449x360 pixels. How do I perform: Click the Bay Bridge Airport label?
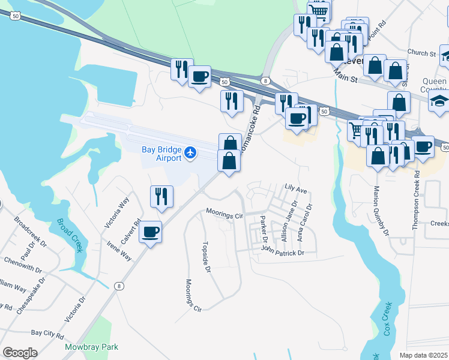[x=160, y=154]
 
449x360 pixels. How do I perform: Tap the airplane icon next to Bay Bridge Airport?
[x=191, y=154]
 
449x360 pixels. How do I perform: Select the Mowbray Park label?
[x=92, y=347]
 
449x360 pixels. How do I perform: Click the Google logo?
[x=20, y=353]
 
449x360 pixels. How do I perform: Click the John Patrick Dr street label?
[x=283, y=253]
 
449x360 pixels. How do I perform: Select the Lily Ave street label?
[x=296, y=190]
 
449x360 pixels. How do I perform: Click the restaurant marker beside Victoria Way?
[x=161, y=196]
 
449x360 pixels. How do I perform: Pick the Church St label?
[x=421, y=53]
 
